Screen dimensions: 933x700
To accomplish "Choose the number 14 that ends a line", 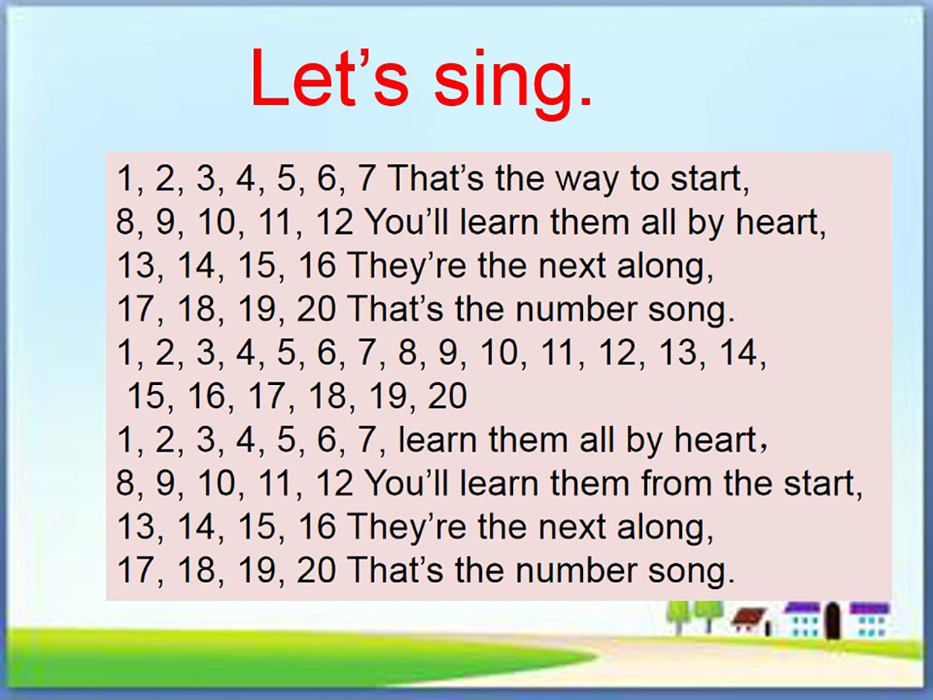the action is pyautogui.click(x=738, y=352).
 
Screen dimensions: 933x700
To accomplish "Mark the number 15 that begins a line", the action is pyautogui.click(x=147, y=396).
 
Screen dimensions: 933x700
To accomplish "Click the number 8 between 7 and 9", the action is pyautogui.click(x=407, y=352).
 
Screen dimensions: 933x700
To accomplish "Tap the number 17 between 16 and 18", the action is pyautogui.click(x=267, y=396).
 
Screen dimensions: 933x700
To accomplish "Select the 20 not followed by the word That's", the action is pyautogui.click(x=447, y=396).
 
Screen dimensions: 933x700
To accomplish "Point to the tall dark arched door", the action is pyautogui.click(x=833, y=621).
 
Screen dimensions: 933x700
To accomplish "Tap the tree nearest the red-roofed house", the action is pyautogui.click(x=706, y=614).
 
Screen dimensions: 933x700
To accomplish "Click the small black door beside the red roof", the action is pyautogui.click(x=768, y=627).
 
